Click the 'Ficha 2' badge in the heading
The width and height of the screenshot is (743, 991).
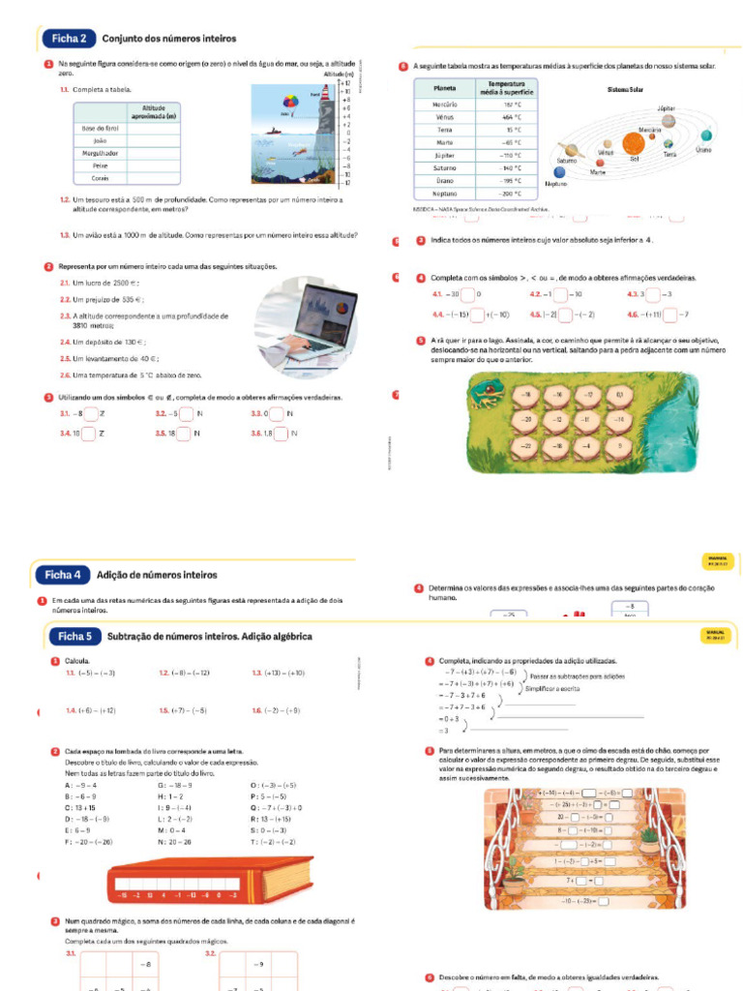coord(69,39)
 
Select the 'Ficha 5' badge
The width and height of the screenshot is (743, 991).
coord(74,636)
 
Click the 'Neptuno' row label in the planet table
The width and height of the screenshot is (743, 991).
coord(445,194)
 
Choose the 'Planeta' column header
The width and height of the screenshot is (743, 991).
coord(445,88)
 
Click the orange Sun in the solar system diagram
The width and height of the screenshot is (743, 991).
coord(635,146)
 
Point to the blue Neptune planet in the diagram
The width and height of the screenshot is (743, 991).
coord(554,171)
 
